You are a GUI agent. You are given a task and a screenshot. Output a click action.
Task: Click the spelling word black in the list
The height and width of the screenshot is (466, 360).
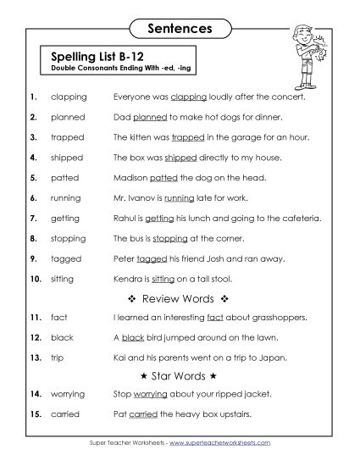tap(63, 338)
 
